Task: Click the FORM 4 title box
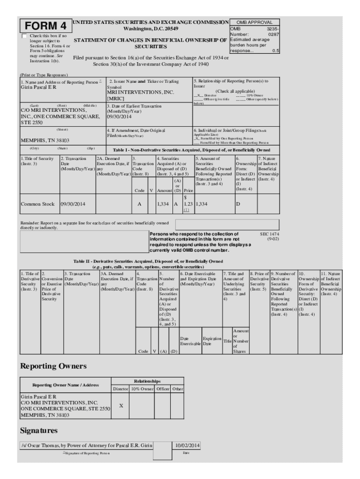point(46,25)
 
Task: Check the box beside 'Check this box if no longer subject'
point(24,36)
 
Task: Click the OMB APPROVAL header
point(254,22)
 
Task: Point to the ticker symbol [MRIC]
point(116,99)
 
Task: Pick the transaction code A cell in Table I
point(139,204)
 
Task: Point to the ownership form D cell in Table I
point(238,204)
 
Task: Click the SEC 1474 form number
point(270,233)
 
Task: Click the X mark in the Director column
point(121,406)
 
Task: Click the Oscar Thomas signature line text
point(86,446)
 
